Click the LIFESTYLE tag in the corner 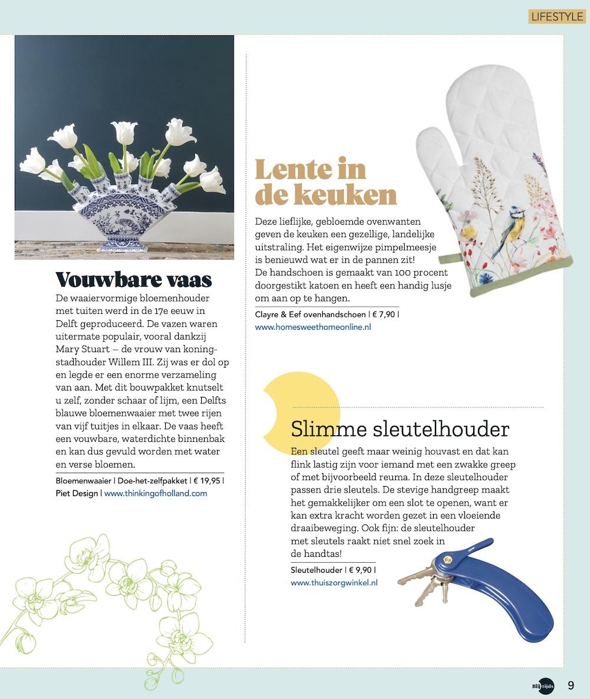[556, 16]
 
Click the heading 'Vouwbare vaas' [133, 279]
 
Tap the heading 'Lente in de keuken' [325, 182]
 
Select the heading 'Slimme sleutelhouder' [400, 429]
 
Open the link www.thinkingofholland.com [156, 493]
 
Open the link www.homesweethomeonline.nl [313, 326]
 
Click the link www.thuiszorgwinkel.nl [334, 582]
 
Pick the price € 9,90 [360, 570]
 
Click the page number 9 [571, 685]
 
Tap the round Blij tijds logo [545, 685]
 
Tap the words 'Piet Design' [77, 493]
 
